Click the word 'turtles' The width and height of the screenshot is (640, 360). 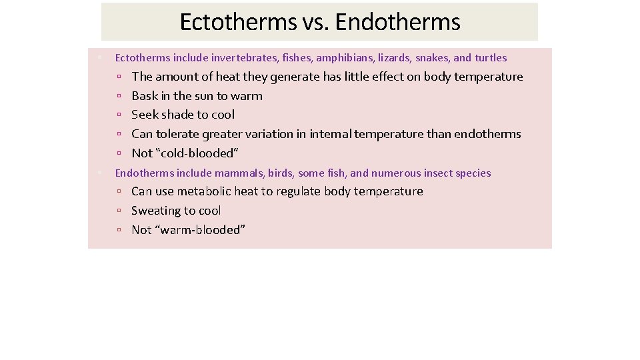click(x=491, y=58)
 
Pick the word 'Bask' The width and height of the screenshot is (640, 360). click(x=145, y=96)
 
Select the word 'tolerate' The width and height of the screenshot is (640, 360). click(x=177, y=134)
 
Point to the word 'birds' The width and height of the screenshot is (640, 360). click(x=280, y=173)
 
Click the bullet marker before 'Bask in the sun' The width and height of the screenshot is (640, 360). click(x=118, y=97)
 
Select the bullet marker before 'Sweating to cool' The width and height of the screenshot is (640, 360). click(x=118, y=211)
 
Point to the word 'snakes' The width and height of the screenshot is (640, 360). click(x=433, y=58)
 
